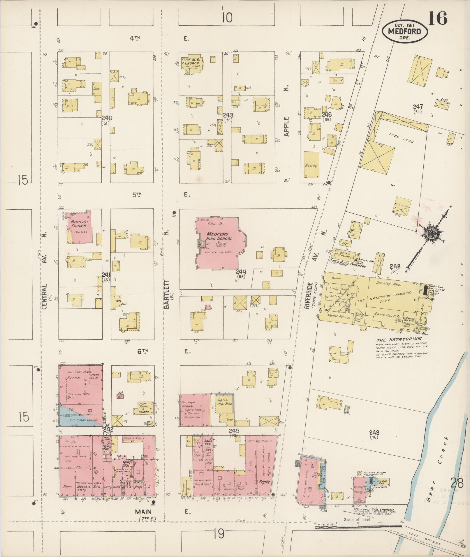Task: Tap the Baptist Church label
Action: click(x=77, y=223)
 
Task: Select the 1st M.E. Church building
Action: click(x=192, y=63)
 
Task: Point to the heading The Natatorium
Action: click(x=399, y=339)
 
